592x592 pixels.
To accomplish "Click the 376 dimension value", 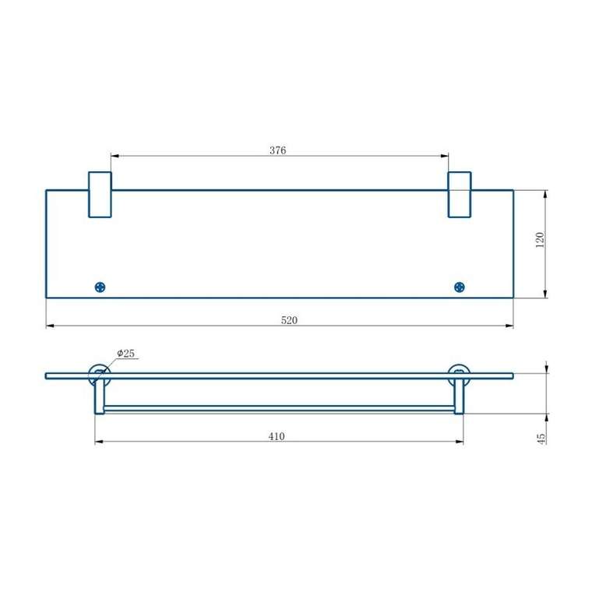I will (278, 150).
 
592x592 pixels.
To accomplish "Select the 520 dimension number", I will (290, 320).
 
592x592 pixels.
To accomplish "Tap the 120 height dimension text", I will (539, 241).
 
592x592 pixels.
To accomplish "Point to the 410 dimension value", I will (277, 436).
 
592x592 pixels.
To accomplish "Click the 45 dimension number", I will (541, 438).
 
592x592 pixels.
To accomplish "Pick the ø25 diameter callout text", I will (126, 354).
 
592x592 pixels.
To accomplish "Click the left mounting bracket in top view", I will (99, 195).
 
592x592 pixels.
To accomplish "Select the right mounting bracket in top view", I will (459, 195).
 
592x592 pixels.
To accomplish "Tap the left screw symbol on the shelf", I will (99, 287).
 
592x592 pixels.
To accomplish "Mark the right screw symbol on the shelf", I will (459, 287).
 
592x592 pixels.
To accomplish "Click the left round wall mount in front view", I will (99, 373).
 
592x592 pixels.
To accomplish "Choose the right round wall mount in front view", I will (459, 373).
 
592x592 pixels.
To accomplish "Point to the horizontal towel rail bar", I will (279, 408).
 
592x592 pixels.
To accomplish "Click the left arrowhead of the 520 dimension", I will (49, 326).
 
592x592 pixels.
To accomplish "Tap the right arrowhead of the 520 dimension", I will (510, 326).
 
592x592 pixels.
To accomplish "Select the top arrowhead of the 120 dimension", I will (545, 192).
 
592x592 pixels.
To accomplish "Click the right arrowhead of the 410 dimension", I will (460, 442).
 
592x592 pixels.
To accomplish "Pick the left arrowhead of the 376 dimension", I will (113, 156).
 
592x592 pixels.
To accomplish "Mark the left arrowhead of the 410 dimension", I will (98, 442).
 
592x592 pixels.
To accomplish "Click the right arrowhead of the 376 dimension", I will (446, 156).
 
